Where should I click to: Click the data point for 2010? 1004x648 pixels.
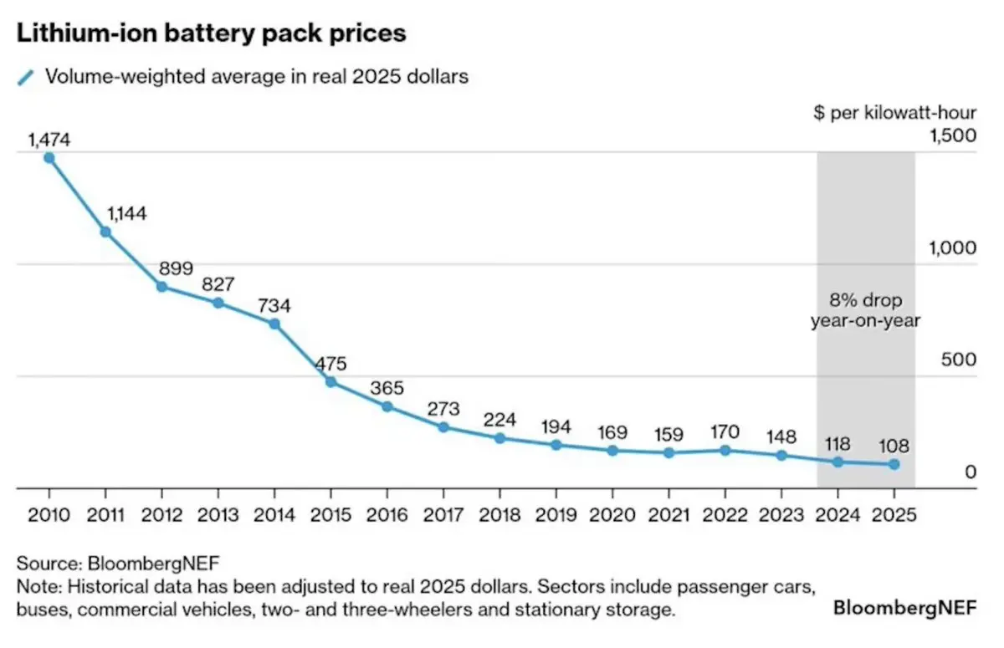(49, 157)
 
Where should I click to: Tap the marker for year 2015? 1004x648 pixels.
(330, 382)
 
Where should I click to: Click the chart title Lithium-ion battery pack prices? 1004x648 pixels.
(211, 34)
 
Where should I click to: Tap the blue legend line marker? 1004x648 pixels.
(27, 77)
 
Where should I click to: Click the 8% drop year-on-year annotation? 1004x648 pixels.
(866, 309)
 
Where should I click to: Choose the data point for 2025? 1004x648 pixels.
(894, 464)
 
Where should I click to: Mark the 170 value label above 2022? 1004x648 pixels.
(724, 433)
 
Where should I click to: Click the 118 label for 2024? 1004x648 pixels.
(838, 443)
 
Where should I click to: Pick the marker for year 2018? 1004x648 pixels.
(499, 438)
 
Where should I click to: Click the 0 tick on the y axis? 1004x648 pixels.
(971, 472)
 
